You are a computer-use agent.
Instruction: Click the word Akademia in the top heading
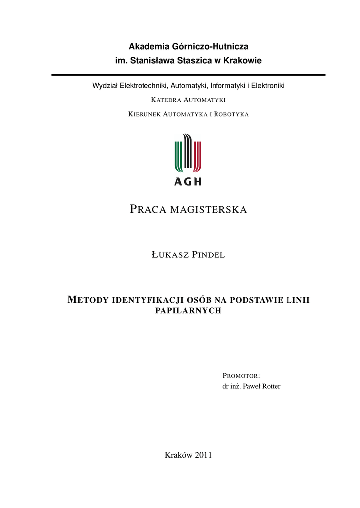click(147, 47)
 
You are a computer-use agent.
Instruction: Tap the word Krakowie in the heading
click(241, 61)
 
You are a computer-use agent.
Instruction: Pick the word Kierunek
click(144, 114)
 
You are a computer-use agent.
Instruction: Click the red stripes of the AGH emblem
click(197, 155)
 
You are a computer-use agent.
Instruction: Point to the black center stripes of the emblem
click(188, 151)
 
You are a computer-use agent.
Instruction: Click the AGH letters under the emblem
click(188, 181)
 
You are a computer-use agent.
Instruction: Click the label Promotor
click(241, 375)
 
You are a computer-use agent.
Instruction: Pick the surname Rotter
click(268, 386)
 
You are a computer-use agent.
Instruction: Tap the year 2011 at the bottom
click(204, 455)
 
